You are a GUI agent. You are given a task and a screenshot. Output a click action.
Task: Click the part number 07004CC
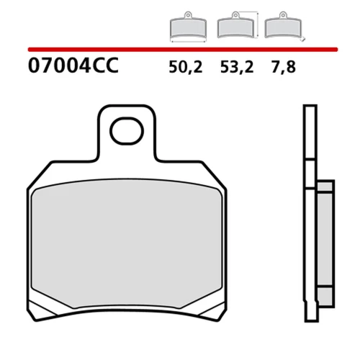tap(73, 66)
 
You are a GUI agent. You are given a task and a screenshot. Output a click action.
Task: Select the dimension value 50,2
tap(186, 67)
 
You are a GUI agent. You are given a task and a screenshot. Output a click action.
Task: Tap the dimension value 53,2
tap(237, 67)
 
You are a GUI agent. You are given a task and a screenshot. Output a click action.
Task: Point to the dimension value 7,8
tap(284, 67)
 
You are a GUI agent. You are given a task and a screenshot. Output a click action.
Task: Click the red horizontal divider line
tap(183, 50)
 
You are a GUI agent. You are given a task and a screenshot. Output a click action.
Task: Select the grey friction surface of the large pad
tap(127, 243)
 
